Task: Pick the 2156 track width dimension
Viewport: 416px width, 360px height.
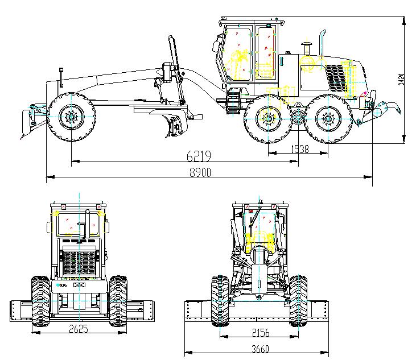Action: pos(259,333)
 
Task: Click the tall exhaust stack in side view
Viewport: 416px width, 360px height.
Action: pos(321,43)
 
